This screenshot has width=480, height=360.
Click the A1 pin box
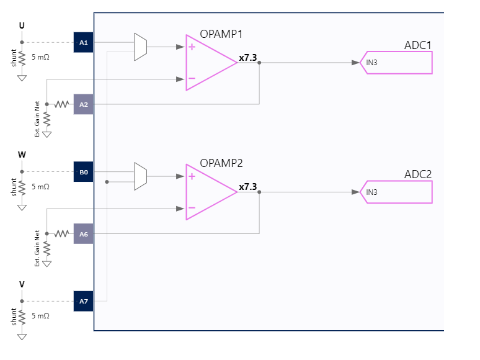pyautogui.click(x=84, y=42)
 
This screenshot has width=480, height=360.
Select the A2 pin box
pyautogui.click(x=84, y=104)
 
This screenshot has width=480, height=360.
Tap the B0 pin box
pyautogui.click(x=84, y=171)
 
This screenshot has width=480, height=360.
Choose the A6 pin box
pyautogui.click(x=84, y=234)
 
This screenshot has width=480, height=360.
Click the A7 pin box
pyautogui.click(x=84, y=301)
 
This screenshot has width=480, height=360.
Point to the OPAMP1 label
pyautogui.click(x=221, y=34)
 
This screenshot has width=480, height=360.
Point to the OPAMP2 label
pyautogui.click(x=221, y=163)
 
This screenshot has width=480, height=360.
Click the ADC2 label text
pyautogui.click(x=417, y=174)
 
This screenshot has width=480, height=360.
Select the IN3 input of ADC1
pyautogui.click(x=371, y=63)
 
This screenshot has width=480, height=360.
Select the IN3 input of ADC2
pyautogui.click(x=371, y=192)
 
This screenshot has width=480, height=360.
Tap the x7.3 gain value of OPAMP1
pyautogui.click(x=247, y=58)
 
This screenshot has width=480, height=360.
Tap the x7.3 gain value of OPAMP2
pyautogui.click(x=247, y=187)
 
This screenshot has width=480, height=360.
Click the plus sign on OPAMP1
pyautogui.click(x=192, y=47)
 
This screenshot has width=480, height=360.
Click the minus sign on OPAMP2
pyautogui.click(x=192, y=208)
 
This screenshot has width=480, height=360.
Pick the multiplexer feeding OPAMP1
pyautogui.click(x=141, y=47)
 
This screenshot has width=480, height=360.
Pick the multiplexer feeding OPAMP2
pyautogui.click(x=141, y=176)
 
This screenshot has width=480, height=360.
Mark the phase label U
pyautogui.click(x=22, y=25)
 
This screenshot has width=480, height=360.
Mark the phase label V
pyautogui.click(x=22, y=284)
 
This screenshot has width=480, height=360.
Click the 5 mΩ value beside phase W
pyautogui.click(x=40, y=186)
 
